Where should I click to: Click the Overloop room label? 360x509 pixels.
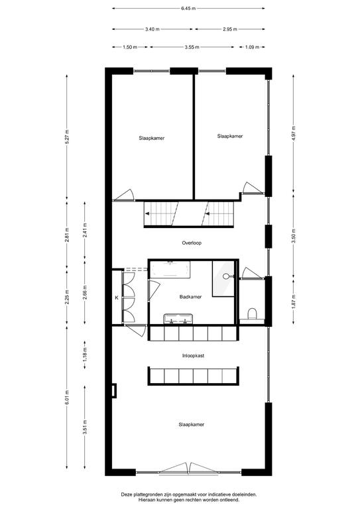tap(192, 243)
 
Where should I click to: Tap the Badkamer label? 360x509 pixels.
tap(190, 297)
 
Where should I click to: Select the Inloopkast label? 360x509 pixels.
tap(193, 356)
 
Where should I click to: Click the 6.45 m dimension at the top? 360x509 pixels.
tap(188, 9)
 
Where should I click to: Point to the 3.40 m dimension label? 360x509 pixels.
tap(152, 29)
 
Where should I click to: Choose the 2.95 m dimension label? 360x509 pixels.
tap(230, 29)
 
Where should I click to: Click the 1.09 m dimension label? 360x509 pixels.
tap(252, 47)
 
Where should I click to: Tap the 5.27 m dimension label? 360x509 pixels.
tap(67, 137)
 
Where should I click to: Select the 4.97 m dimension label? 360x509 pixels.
tap(294, 133)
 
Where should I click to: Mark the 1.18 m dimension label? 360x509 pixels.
tap(85, 355)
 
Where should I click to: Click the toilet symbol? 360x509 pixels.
tap(252, 314)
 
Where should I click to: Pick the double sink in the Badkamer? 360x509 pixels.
tap(178, 319)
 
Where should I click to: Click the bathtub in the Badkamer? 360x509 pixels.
tap(170, 269)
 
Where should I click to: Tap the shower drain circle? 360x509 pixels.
tap(226, 276)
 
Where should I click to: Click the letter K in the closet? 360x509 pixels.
tap(117, 297)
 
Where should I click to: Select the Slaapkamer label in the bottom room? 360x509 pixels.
tap(192, 425)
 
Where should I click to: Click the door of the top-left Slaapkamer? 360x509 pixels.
tap(124, 196)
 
